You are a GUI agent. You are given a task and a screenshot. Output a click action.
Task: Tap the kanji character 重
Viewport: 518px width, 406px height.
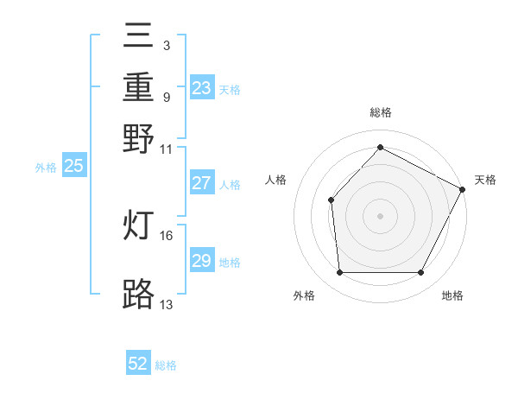point(138,89)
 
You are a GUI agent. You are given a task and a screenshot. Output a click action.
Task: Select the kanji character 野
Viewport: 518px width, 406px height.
point(138,138)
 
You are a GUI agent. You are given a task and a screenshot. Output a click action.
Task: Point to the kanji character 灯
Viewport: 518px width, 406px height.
point(138,226)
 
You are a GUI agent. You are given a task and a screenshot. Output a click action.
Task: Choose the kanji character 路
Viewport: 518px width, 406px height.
point(138,294)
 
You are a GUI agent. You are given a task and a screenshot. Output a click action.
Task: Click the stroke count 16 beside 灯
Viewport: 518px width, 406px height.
point(167,235)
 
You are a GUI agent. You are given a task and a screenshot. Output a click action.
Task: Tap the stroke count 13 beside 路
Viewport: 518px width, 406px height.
point(167,304)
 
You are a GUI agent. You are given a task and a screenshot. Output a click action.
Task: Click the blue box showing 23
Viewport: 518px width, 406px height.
point(201,88)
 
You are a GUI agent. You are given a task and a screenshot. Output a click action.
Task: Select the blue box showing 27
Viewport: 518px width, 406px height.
point(201,183)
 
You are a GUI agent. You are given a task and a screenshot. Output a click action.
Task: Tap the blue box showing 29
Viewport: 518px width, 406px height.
point(201,261)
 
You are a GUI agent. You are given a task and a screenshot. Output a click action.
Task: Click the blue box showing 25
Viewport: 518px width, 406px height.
point(73,166)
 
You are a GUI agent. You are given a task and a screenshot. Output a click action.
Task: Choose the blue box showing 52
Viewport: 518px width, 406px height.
point(138,364)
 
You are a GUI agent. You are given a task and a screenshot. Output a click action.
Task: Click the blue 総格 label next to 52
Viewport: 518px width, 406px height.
point(166,365)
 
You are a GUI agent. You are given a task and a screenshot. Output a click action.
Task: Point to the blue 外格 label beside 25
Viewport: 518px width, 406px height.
point(45,168)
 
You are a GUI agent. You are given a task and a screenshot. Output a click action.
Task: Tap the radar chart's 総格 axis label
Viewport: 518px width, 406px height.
point(380,112)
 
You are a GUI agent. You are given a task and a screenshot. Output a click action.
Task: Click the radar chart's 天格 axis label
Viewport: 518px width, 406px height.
point(485,180)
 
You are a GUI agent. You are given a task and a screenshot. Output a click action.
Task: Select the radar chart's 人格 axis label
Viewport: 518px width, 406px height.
point(276,180)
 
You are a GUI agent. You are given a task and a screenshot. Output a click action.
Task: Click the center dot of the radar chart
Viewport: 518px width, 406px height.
point(380,215)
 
